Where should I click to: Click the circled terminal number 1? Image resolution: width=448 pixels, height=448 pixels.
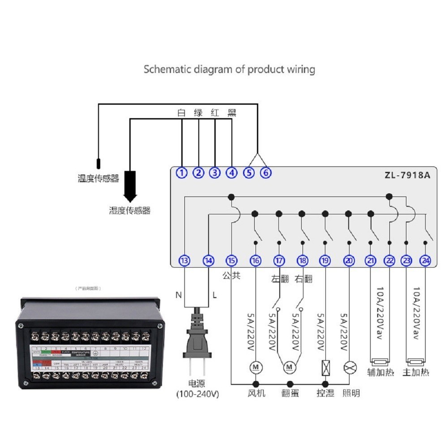tap(181, 172)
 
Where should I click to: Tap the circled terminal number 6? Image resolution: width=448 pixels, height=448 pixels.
tap(266, 172)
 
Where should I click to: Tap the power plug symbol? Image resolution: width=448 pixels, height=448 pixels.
tap(197, 340)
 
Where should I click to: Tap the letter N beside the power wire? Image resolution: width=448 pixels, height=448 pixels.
tap(178, 295)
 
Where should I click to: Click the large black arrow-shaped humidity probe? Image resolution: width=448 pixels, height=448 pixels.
tap(130, 186)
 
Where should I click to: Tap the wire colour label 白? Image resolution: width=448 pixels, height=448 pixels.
tap(181, 112)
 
